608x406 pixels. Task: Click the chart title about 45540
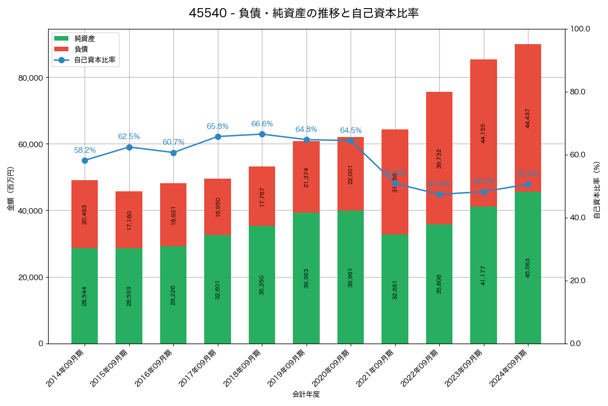(304, 13)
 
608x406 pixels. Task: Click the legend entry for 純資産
(84, 39)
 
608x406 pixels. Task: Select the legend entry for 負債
(81, 49)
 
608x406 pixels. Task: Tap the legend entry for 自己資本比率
(94, 60)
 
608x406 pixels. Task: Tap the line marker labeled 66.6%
(262, 134)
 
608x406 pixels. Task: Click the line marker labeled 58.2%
(85, 160)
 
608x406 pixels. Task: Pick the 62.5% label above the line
(129, 137)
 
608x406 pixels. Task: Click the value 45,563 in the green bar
(528, 267)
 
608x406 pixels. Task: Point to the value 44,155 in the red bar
(483, 133)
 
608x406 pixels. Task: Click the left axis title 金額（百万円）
(11, 189)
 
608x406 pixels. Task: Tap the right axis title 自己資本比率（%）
(597, 190)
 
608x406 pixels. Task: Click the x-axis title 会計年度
(306, 394)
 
